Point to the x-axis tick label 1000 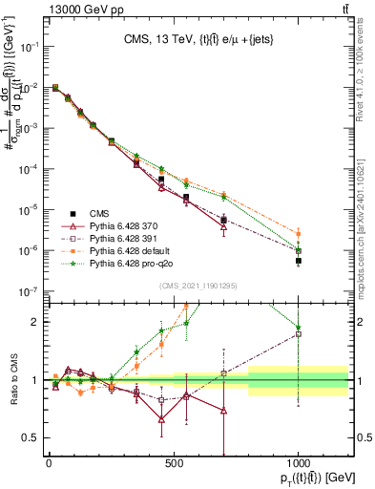[x=299, y=463]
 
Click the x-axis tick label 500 [x=174, y=463]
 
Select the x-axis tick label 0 [x=49, y=463]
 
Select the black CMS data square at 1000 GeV [x=299, y=261]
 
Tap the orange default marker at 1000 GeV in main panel [x=299, y=233]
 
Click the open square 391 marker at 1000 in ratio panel [x=299, y=333]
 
